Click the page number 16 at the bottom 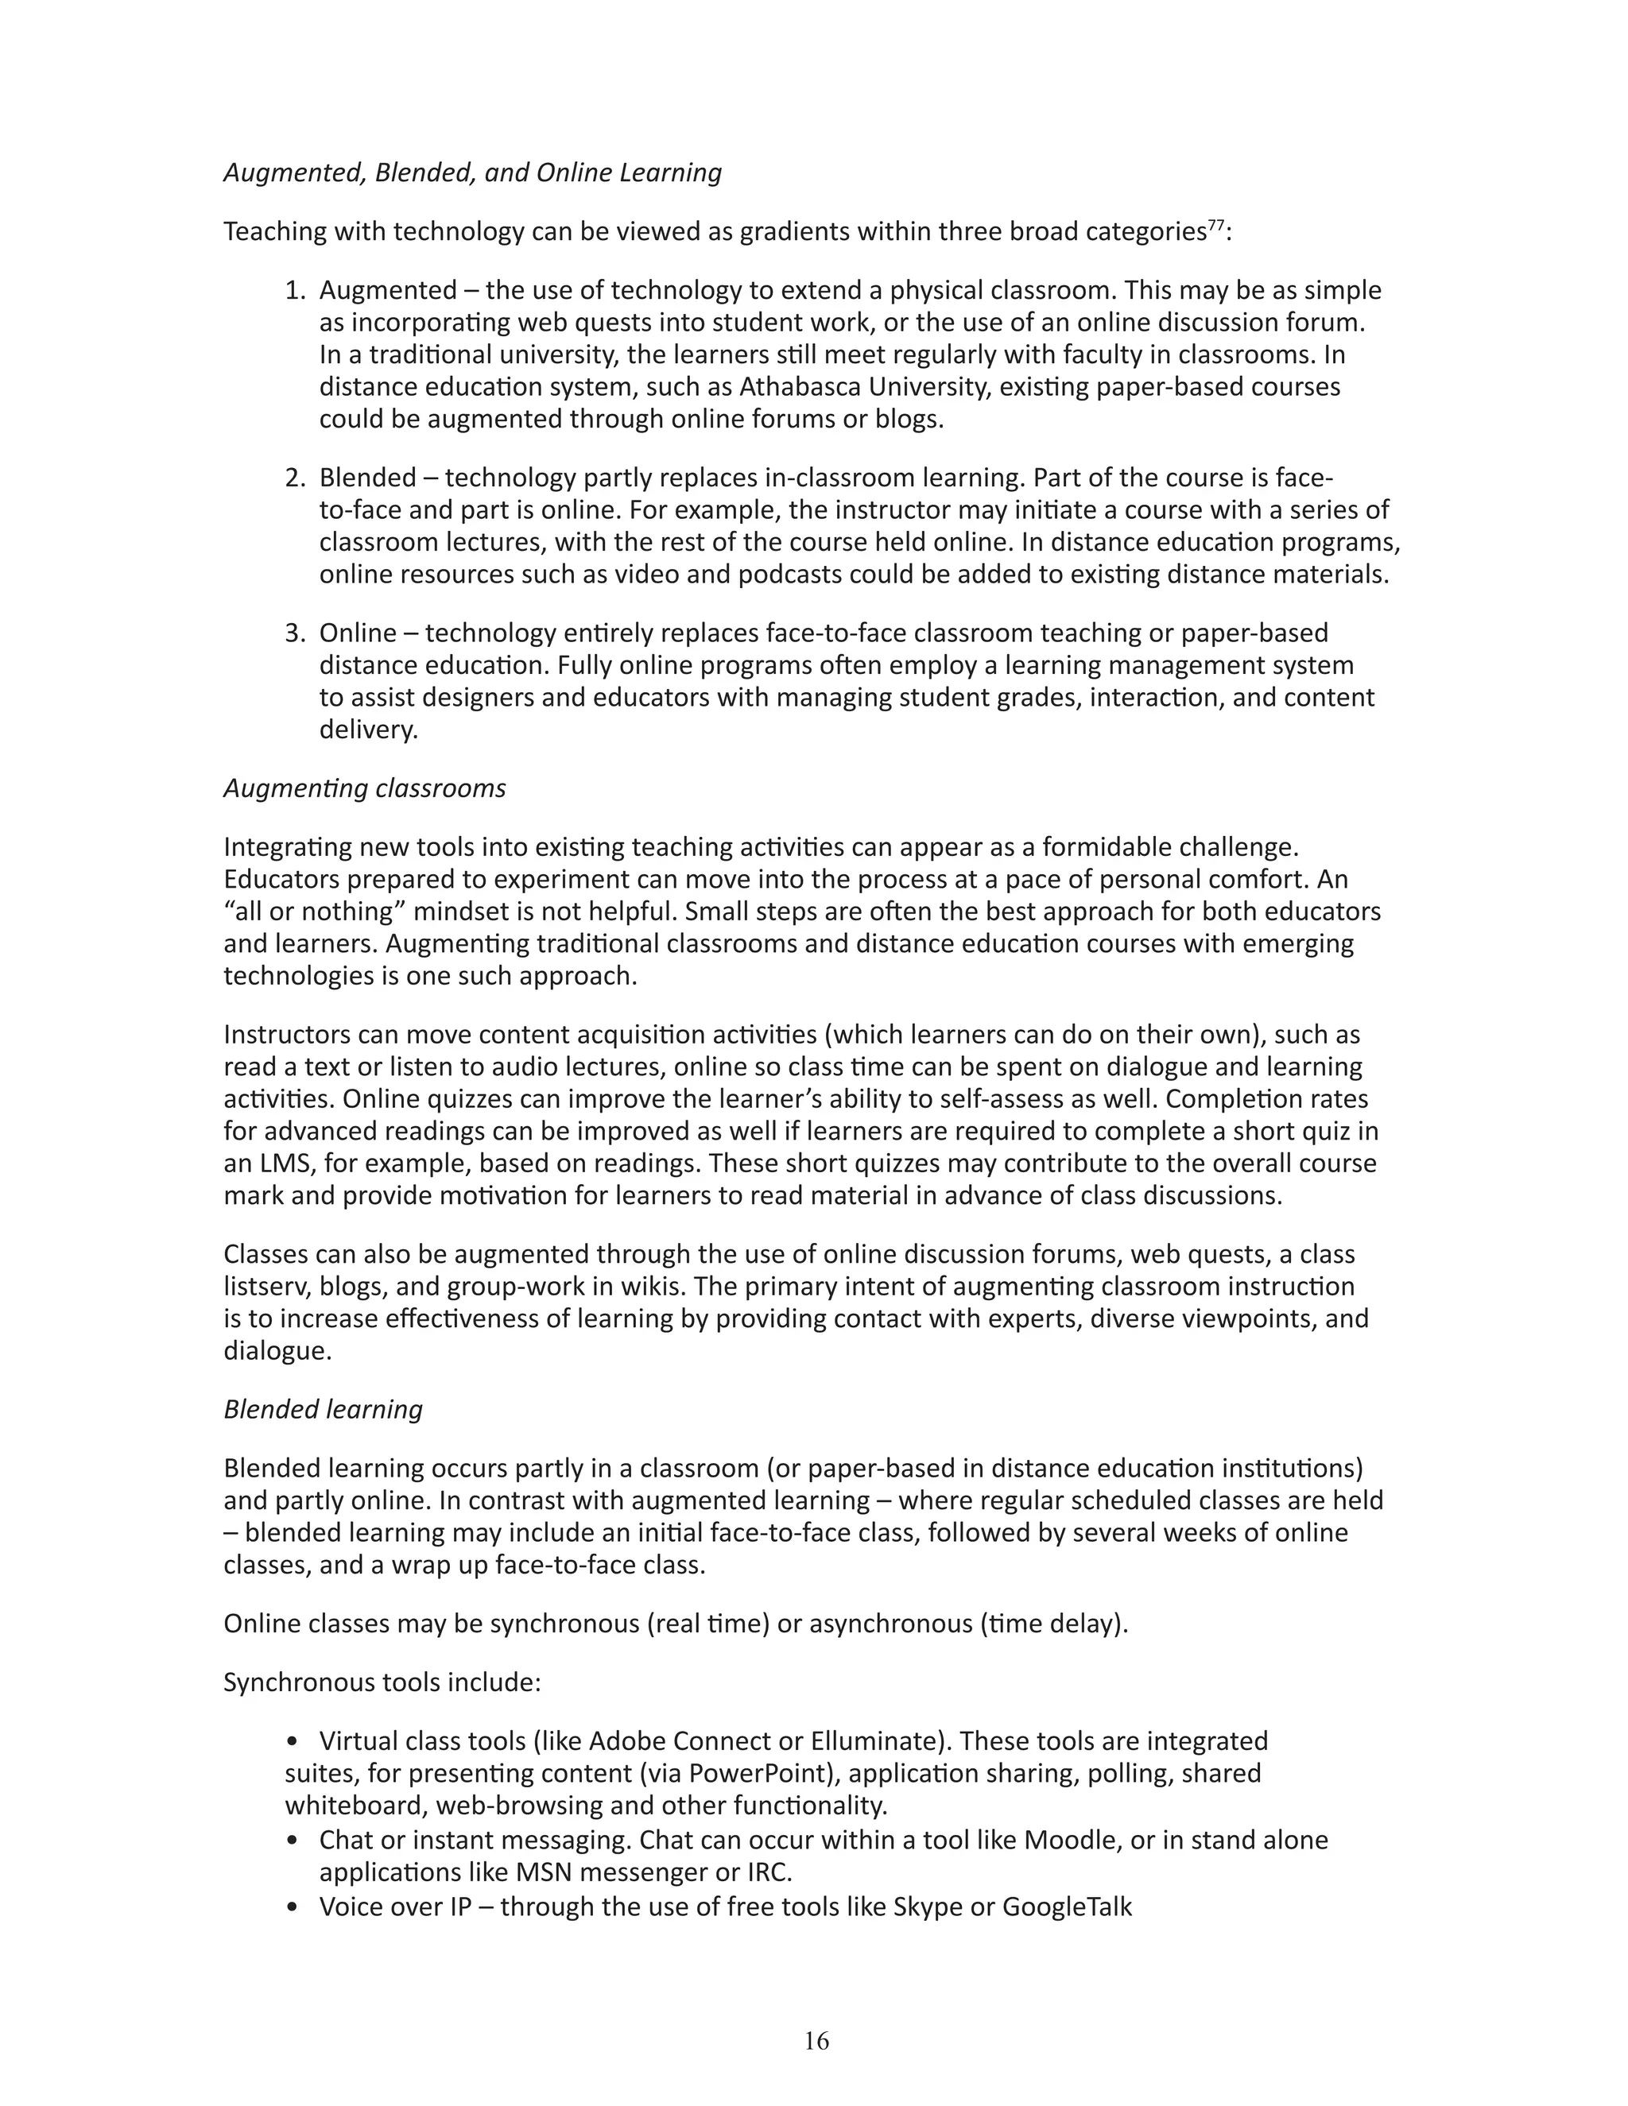(815, 2040)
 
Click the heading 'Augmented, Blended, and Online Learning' (473, 172)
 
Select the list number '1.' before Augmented (295, 290)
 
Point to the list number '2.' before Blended (295, 478)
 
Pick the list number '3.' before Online (295, 633)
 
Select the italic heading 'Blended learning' (323, 1409)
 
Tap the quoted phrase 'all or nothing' (315, 912)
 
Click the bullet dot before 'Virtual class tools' (293, 1741)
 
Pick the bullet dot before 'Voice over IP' (293, 1907)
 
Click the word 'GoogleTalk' (1067, 1907)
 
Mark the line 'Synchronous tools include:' (382, 1682)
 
